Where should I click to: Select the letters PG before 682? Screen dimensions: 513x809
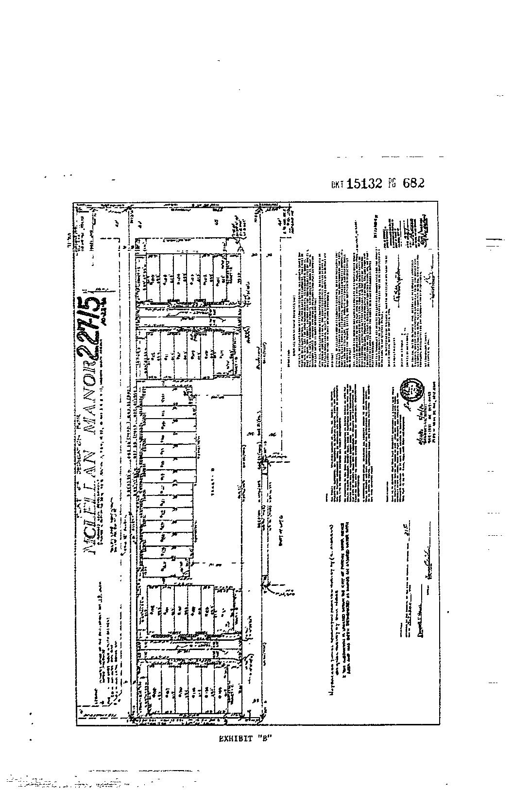click(392, 184)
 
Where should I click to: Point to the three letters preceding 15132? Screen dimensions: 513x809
click(338, 184)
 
